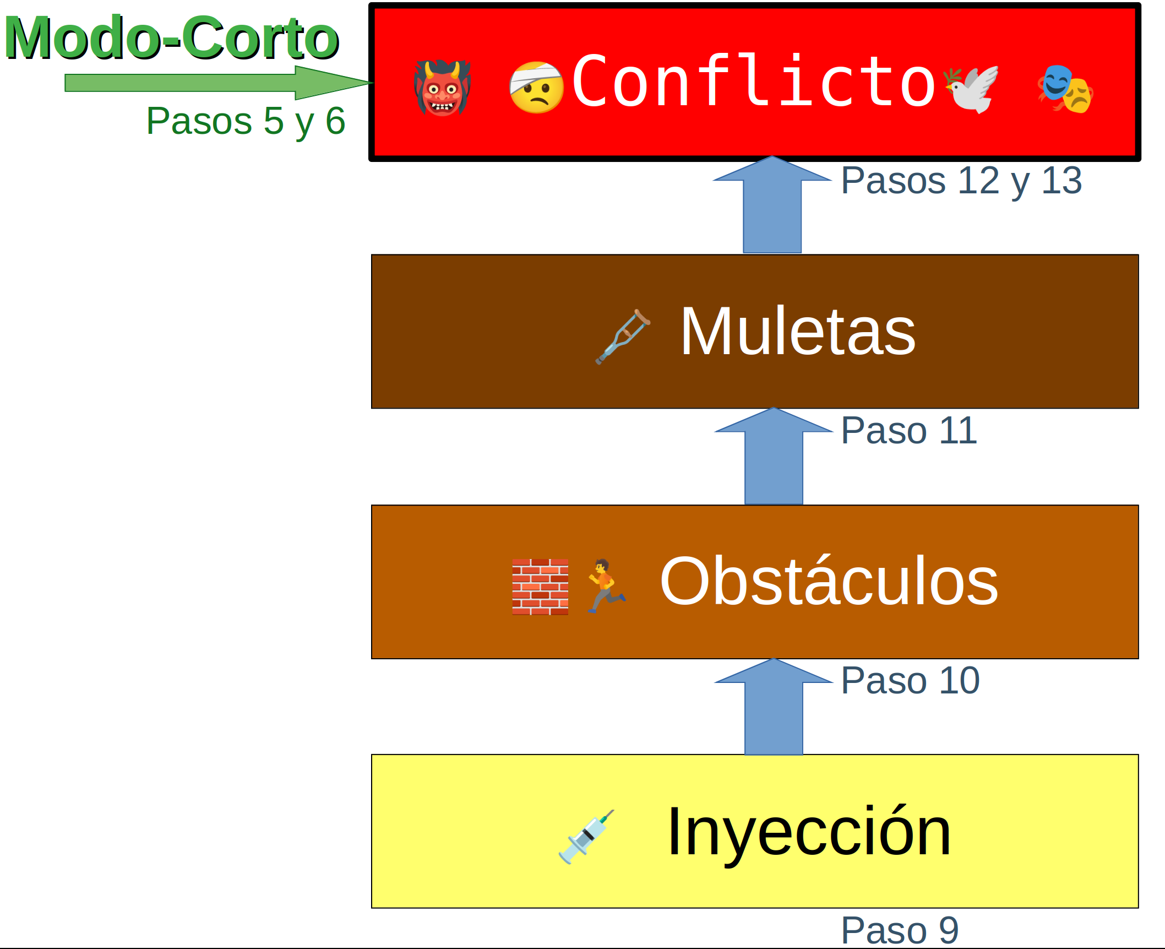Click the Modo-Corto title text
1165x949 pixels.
tap(171, 37)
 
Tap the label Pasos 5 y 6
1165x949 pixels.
tap(246, 121)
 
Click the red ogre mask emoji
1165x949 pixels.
tap(442, 88)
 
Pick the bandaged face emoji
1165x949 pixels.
tap(536, 88)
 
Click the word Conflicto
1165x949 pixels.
tap(754, 82)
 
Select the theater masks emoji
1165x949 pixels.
tap(1066, 89)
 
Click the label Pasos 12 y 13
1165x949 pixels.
tap(961, 180)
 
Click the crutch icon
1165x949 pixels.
tap(623, 337)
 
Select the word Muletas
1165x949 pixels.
tap(798, 331)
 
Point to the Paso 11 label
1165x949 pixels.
tap(909, 430)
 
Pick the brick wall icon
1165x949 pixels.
tap(540, 587)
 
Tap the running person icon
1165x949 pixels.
tap(606, 585)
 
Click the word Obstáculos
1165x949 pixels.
tap(829, 581)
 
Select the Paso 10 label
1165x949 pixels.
tap(910, 680)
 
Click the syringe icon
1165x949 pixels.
tap(586, 836)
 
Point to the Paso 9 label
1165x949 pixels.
tap(900, 930)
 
